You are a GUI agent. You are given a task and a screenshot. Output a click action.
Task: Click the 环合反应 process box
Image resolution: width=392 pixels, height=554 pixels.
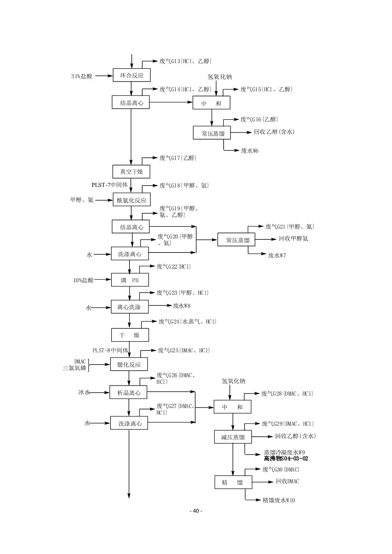[x=132, y=75]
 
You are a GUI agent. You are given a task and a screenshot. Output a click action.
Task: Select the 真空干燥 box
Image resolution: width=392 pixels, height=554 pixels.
[x=131, y=171]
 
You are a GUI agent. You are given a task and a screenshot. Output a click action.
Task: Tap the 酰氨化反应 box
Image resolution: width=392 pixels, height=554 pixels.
[x=131, y=200]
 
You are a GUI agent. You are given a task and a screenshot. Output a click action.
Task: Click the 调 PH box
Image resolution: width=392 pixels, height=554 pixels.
[x=130, y=280]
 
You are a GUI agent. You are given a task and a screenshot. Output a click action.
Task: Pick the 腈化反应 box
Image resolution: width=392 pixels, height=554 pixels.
[x=129, y=364]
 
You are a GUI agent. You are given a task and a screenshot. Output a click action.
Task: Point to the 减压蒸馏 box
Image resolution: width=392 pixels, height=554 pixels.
[x=233, y=437]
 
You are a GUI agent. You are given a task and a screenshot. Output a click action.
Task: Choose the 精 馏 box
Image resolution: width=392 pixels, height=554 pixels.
[x=233, y=482]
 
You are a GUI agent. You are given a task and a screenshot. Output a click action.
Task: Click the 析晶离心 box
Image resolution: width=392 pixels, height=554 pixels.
[x=128, y=392]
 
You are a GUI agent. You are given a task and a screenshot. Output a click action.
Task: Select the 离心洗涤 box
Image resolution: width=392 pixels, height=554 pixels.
[x=129, y=307]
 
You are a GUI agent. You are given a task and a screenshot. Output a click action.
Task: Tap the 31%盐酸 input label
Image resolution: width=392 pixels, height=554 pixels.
[x=82, y=76]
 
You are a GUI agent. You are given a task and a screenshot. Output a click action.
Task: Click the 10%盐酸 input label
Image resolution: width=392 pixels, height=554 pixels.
[x=83, y=280]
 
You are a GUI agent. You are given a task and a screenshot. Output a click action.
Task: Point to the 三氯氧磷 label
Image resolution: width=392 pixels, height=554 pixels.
[x=75, y=368]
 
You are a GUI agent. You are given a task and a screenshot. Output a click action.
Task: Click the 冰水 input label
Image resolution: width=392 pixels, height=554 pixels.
[x=84, y=392]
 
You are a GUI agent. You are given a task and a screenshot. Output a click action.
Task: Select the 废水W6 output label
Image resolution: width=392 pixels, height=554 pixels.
[x=250, y=151]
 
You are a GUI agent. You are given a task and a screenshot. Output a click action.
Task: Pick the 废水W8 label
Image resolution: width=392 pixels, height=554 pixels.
[x=181, y=306]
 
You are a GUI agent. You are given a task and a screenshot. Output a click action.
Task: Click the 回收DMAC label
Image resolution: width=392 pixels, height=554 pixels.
[x=287, y=481]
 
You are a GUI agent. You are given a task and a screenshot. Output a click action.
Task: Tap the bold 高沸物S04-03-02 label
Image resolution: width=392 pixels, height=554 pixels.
[x=286, y=459]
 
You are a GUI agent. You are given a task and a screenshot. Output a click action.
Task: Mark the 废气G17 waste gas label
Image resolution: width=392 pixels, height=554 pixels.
[x=178, y=158]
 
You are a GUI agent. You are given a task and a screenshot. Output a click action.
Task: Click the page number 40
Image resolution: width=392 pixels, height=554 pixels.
[x=196, y=511]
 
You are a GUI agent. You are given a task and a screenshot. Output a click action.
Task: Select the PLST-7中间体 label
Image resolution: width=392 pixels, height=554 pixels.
[x=110, y=185]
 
